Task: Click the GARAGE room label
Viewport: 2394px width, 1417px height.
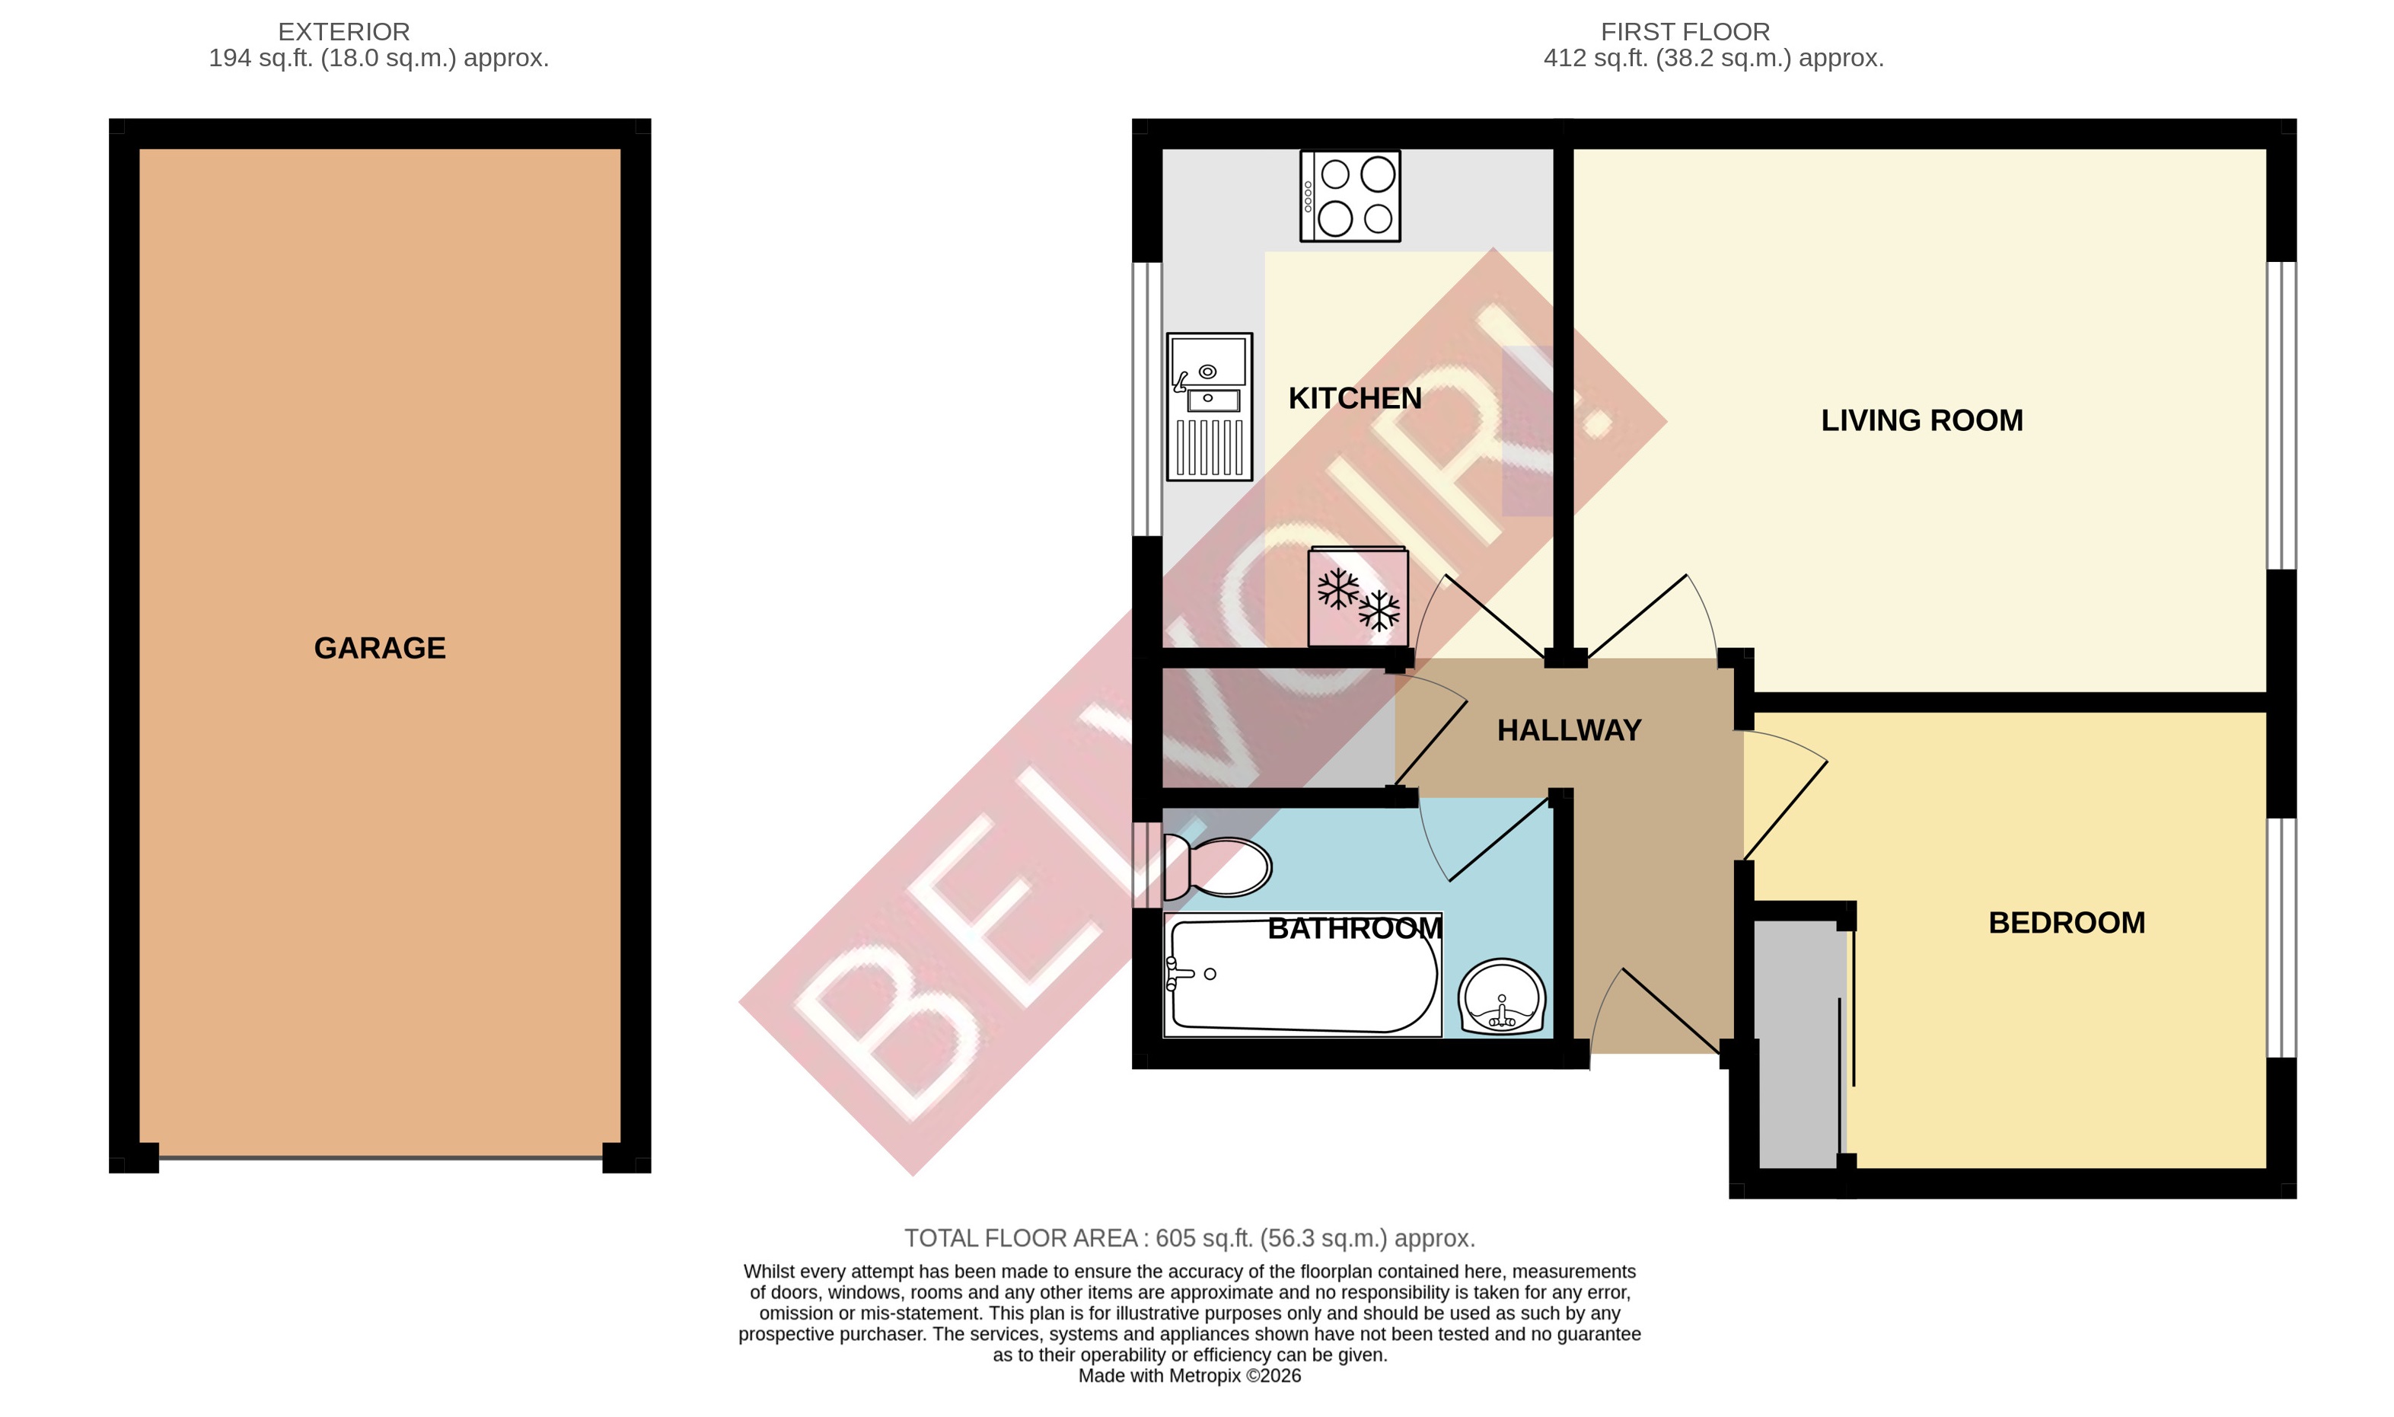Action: coord(380,648)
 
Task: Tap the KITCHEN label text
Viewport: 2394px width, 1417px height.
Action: coord(1354,398)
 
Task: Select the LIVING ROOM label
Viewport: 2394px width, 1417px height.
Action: coord(1921,420)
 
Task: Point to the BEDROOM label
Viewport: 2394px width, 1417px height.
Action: coord(2067,922)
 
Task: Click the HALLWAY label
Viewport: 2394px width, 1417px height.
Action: coord(1568,730)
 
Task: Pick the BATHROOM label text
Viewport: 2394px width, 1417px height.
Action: coord(1354,928)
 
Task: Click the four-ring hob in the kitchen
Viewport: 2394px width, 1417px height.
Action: coord(1350,196)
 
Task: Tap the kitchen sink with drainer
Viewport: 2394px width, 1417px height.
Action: coord(1210,407)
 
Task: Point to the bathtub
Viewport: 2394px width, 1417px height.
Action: coord(1302,975)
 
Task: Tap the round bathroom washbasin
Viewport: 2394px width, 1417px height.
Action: coord(1502,997)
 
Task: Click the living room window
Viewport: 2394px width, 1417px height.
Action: coord(2281,416)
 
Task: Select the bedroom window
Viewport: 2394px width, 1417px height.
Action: coord(2281,937)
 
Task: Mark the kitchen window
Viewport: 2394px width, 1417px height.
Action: coord(1146,398)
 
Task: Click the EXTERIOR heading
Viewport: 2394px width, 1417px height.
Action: coord(343,31)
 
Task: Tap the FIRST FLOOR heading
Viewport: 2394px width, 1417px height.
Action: coord(1685,31)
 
